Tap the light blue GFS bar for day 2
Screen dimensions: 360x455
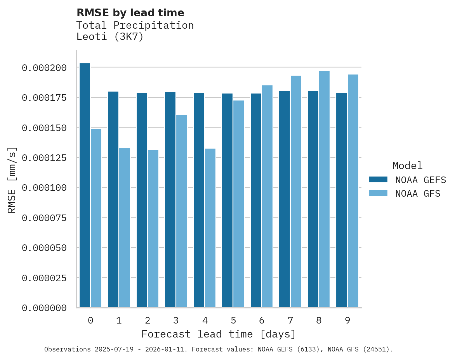click(153, 228)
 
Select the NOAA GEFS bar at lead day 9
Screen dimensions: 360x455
click(342, 200)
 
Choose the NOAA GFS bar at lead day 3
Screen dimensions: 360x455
click(182, 211)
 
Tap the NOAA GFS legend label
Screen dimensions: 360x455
click(418, 194)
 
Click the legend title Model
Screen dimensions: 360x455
click(407, 166)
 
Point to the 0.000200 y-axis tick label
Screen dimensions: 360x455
click(44, 68)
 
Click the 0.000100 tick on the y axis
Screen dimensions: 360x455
click(44, 188)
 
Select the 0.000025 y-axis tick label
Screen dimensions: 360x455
click(44, 278)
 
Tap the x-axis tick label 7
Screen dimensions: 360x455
click(290, 320)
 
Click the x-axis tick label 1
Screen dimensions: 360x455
click(119, 320)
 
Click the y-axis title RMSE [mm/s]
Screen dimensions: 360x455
click(12, 180)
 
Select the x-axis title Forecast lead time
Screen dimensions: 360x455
click(218, 334)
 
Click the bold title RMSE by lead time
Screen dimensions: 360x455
click(130, 13)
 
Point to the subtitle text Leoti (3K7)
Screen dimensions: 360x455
click(110, 37)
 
